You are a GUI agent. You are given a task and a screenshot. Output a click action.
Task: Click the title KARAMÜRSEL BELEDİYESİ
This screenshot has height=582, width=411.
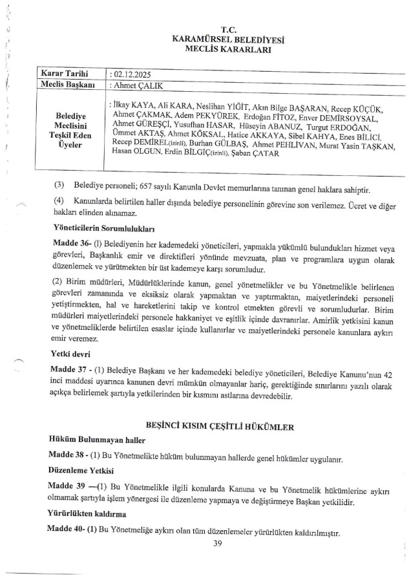(231, 39)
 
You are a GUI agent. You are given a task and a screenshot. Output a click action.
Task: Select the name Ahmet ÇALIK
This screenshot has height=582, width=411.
(137, 86)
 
